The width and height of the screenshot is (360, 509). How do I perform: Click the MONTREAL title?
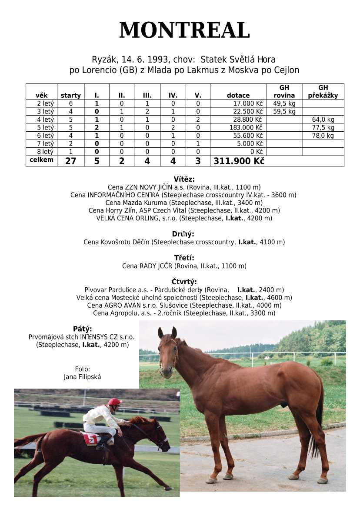tap(184, 30)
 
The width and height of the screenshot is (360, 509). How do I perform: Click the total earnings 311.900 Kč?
tap(239, 161)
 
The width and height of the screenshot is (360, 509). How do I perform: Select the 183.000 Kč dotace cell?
tap(246, 127)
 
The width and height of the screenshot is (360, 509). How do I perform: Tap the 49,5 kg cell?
tap(284, 103)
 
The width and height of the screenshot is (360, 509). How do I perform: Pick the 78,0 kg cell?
tap(323, 136)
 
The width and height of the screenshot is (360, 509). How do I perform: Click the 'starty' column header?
tap(70, 95)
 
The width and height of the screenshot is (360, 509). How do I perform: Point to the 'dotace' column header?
tap(238, 95)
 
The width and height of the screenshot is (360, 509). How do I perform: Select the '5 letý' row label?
tap(45, 127)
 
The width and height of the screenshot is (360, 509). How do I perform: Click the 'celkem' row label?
tap(41, 160)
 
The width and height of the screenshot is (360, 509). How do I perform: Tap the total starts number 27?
tap(70, 161)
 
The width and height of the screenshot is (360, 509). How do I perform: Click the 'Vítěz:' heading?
tap(184, 179)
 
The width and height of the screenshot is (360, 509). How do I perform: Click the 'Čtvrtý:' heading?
tap(184, 282)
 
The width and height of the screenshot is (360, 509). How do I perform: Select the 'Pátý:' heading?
tap(83, 329)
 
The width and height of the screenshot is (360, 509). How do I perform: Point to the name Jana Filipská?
tap(82, 377)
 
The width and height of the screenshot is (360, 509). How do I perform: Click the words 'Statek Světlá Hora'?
tap(238, 60)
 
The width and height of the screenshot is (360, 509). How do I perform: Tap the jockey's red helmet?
tap(115, 402)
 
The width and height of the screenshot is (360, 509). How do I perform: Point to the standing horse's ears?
tap(167, 333)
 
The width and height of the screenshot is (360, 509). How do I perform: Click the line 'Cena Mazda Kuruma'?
tap(184, 203)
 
